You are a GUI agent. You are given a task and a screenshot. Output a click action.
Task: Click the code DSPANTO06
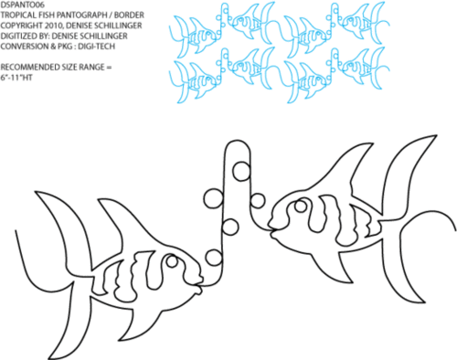[23, 5]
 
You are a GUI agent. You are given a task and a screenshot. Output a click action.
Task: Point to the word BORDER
[130, 15]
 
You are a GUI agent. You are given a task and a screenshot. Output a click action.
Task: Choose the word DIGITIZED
[19, 36]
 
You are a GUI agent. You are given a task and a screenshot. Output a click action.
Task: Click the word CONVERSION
[24, 47]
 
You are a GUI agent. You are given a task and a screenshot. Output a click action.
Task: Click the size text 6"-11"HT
[16, 78]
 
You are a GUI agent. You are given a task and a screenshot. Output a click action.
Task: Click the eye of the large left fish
[172, 261]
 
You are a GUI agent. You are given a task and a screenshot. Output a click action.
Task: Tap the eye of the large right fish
[301, 206]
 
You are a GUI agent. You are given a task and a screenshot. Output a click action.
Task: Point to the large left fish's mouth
[198, 287]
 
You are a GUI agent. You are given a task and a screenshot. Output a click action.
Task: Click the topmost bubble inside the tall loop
[241, 171]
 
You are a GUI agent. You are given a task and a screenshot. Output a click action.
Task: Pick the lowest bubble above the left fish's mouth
[214, 258]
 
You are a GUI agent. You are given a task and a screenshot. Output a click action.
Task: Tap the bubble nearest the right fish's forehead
[258, 201]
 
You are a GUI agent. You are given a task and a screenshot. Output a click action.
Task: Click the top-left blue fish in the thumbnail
[195, 36]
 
